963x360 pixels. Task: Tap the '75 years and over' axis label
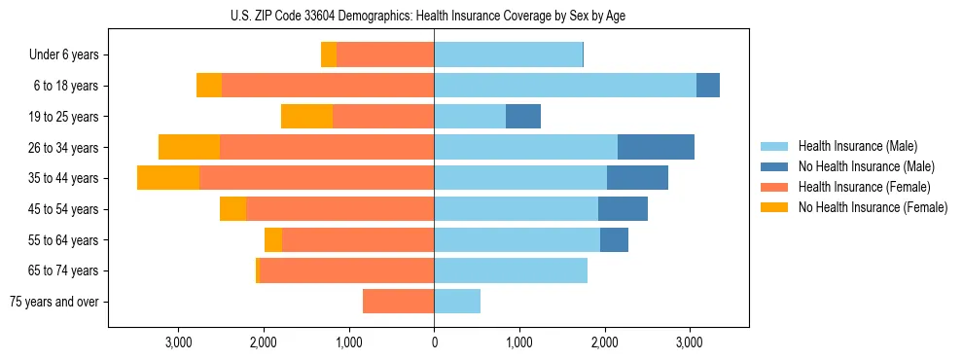[x=54, y=302]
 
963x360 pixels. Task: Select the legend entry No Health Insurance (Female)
[x=873, y=207]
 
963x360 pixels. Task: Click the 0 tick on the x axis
[x=434, y=342]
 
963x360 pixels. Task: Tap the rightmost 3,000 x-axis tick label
[x=689, y=342]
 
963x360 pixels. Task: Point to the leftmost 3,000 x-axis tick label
[x=178, y=342]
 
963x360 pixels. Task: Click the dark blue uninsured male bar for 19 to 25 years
[x=523, y=117]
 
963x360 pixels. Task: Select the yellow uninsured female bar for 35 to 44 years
[x=168, y=178]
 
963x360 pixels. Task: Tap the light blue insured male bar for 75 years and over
[x=457, y=302]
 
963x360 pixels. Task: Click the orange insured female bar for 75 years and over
[x=398, y=302]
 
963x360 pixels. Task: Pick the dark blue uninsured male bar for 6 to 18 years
[x=708, y=86]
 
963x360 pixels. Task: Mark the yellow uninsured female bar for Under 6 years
[x=329, y=54]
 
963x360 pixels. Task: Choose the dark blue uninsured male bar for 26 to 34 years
[x=656, y=147]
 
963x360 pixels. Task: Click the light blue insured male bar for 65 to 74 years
[x=511, y=270]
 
